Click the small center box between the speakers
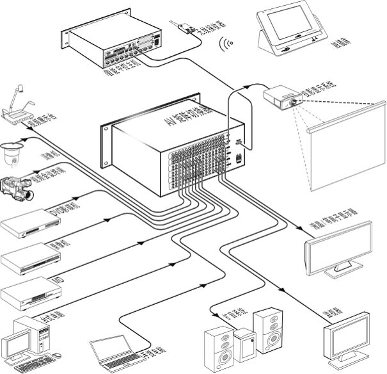click(246, 343)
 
